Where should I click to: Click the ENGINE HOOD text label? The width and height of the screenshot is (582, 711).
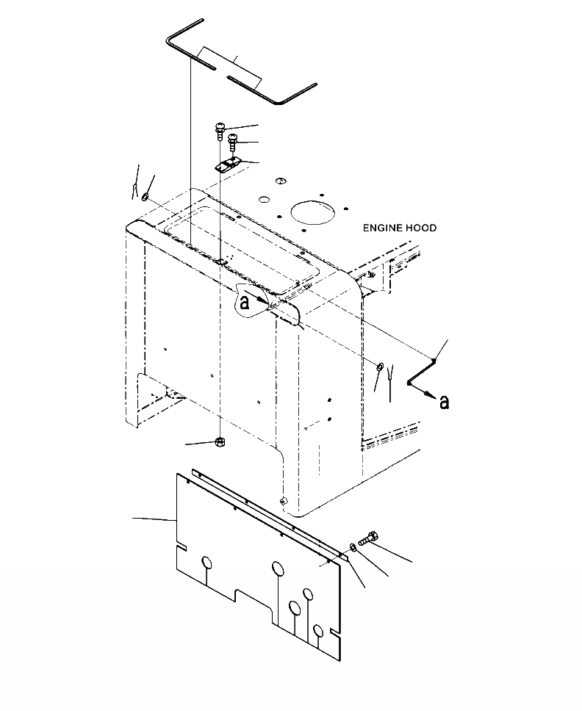point(399,228)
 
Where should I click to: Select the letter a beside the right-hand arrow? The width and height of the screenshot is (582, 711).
point(443,402)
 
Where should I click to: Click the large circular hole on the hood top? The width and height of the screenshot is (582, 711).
point(314,211)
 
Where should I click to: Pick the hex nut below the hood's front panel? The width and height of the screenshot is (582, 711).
point(219,441)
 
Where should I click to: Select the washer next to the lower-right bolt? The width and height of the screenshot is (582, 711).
point(353,547)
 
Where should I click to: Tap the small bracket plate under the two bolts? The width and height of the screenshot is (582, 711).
point(227,165)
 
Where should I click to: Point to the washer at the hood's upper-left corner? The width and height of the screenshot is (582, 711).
point(145,196)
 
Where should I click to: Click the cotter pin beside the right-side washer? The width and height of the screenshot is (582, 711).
point(390,378)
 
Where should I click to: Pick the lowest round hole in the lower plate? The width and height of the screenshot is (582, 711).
point(317,630)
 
